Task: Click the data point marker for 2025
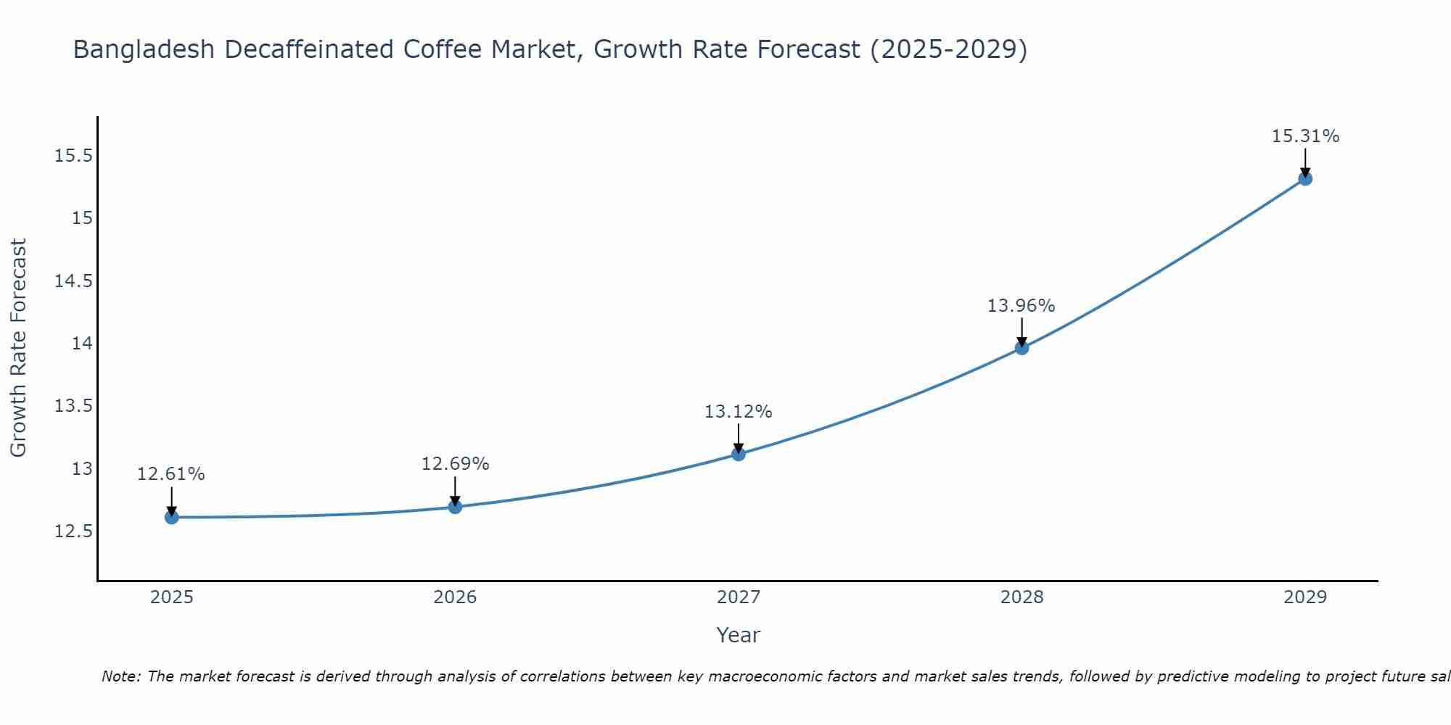[x=172, y=517]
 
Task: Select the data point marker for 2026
[x=455, y=507]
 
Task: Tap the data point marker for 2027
[x=739, y=454]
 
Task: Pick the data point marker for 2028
[x=1022, y=348]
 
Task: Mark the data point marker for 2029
[x=1305, y=178]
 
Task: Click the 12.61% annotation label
[x=171, y=474]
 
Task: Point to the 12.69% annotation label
[x=456, y=464]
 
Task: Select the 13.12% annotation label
[x=739, y=412]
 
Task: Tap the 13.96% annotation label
[x=1022, y=306]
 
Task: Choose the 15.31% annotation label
[x=1305, y=136]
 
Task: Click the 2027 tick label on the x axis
[x=739, y=597]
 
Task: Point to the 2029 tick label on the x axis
[x=1305, y=597]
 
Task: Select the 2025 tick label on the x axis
[x=172, y=597]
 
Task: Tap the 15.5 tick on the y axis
[x=74, y=156]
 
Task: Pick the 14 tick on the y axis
[x=82, y=343]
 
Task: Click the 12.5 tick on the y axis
[x=74, y=531]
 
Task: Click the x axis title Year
[x=739, y=635]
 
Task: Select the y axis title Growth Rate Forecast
[x=18, y=347]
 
